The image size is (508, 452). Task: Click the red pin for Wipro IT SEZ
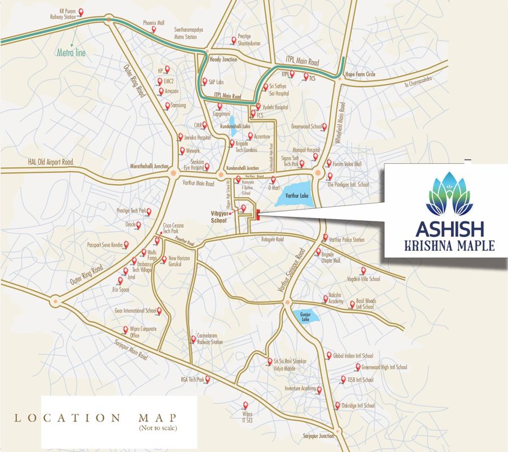pyautogui.click(x=245, y=405)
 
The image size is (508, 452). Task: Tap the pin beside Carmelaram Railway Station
pyautogui.click(x=194, y=340)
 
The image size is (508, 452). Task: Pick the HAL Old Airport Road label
pyautogui.click(x=50, y=162)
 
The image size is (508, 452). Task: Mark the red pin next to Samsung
pyautogui.click(x=167, y=106)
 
